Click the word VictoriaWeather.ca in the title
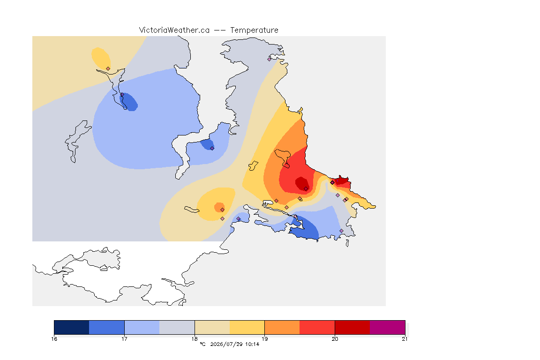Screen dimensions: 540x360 174,30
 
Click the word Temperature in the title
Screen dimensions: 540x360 254,30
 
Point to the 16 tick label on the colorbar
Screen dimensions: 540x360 54,339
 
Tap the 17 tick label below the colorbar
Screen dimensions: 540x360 124,339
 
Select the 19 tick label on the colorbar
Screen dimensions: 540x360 264,339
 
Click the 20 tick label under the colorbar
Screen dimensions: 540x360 335,339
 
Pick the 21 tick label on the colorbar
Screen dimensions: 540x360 405,339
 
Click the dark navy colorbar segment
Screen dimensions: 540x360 72,327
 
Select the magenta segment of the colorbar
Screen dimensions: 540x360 388,327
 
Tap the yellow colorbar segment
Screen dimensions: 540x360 247,327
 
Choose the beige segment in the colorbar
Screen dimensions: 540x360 212,327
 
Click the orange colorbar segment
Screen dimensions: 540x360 282,327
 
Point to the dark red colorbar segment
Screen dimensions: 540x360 352,327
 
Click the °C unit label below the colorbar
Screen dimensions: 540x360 203,344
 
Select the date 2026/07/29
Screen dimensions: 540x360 226,344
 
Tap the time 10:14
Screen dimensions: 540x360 252,344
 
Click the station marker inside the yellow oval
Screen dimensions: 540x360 108,68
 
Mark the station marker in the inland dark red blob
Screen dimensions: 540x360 306,189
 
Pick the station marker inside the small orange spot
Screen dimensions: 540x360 223,210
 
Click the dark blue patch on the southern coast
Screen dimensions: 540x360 305,229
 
